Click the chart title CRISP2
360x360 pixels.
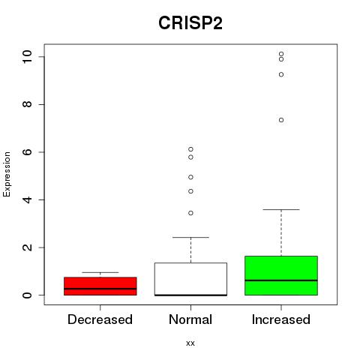190,23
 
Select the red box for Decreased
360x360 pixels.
100,286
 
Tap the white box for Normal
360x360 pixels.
190,279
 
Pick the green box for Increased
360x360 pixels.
281,275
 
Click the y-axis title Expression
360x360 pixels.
7,174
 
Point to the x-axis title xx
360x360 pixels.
190,343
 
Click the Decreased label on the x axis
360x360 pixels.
100,319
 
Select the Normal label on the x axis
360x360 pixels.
190,319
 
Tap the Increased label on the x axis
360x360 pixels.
281,319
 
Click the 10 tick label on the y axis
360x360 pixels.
27,57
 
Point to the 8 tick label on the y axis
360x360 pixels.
27,104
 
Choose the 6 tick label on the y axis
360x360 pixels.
27,152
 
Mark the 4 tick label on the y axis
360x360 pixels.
27,199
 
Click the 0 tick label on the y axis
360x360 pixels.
27,295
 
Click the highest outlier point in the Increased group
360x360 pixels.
281,54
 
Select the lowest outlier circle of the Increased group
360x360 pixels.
281,120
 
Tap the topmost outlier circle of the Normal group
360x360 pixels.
190,149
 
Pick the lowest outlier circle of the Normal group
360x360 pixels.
190,213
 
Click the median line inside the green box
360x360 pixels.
281,280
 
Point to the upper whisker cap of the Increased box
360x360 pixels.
281,209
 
